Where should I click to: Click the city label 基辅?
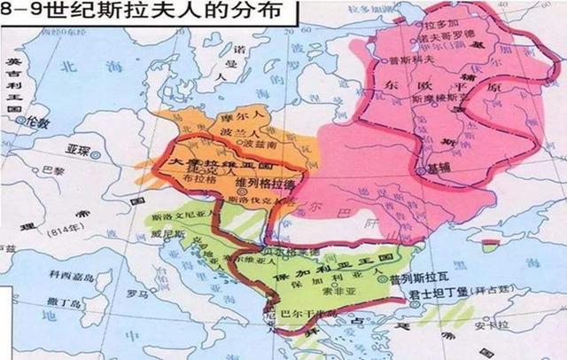point(435,167)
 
